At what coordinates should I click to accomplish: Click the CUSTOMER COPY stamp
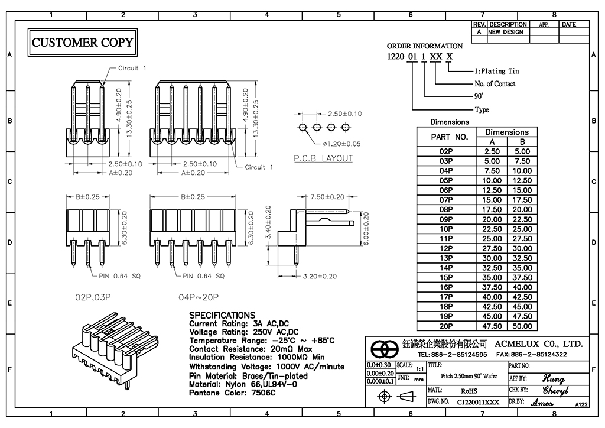(82, 43)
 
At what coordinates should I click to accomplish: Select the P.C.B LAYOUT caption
(323, 158)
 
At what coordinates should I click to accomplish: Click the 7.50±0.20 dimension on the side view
(327, 197)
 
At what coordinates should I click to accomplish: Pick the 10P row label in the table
(446, 229)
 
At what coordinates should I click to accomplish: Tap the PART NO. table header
(450, 137)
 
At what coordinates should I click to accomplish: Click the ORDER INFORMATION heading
(425, 46)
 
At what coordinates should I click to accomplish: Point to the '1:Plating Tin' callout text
(497, 71)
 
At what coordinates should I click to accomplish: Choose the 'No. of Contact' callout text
(495, 84)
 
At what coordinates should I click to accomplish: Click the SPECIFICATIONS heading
(222, 316)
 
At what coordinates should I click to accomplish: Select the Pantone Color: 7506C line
(232, 393)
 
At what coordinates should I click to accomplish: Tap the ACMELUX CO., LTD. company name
(538, 343)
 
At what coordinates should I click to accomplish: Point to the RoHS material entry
(469, 391)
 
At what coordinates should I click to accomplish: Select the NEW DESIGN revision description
(506, 32)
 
